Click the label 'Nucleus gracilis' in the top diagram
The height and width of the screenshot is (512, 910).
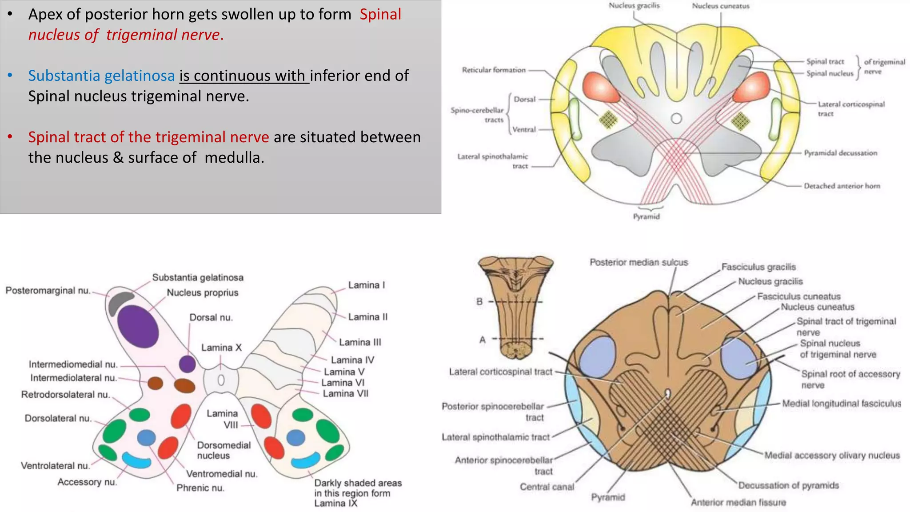coord(634,6)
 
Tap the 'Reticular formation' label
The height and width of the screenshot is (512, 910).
coord(494,70)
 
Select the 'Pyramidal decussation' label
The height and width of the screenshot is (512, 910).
coord(840,153)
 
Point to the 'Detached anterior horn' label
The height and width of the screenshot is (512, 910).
coord(842,186)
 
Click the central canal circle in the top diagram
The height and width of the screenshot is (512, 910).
coord(676,119)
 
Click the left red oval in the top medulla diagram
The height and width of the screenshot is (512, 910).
coord(600,87)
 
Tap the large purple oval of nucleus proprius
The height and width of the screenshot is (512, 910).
coord(138,326)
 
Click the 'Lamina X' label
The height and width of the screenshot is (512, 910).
coord(221,348)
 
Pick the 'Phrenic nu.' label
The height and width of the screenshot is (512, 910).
coord(200,488)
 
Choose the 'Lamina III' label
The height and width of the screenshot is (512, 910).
coord(360,342)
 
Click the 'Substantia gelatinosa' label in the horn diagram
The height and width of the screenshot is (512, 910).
coord(198,278)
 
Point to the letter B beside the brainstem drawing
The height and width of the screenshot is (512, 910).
coord(479,302)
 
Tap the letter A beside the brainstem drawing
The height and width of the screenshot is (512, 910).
coord(483,340)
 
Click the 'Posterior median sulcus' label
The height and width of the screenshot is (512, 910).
coord(639,263)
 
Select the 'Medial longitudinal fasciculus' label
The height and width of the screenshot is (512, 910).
coord(842,404)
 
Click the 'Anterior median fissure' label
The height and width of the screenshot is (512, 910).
coord(738,503)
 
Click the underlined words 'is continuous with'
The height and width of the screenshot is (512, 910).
coord(244,76)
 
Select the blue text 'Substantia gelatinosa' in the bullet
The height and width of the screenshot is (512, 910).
coord(101,76)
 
